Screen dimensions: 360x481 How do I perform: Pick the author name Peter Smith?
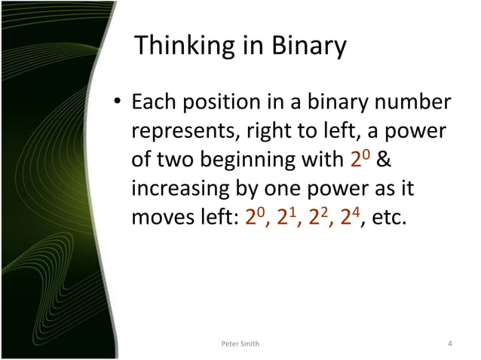click(239, 344)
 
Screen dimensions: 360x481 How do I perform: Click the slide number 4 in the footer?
click(449, 344)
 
